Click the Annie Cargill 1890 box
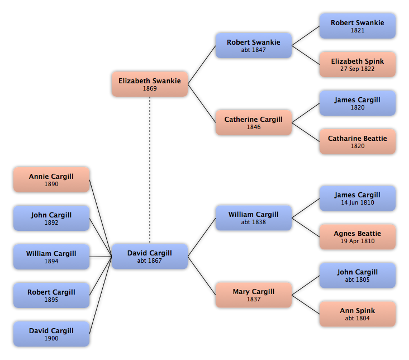(51, 179)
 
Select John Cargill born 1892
(51, 218)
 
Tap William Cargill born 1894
(51, 257)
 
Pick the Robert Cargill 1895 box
(51, 295)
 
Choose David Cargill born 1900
(51, 334)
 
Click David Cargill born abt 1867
(150, 257)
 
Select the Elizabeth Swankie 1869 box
(150, 84)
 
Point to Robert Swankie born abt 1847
(254, 45)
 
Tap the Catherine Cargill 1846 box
(254, 122)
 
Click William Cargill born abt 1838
(254, 218)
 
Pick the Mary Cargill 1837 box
(254, 295)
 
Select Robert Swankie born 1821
(358, 26)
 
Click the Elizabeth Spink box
(358, 64)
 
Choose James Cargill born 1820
(358, 103)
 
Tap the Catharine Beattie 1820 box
(358, 141)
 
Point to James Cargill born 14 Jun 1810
(358, 198)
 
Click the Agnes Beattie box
(358, 237)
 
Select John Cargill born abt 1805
(358, 276)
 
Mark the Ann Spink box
(358, 314)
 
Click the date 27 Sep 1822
(358, 69)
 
